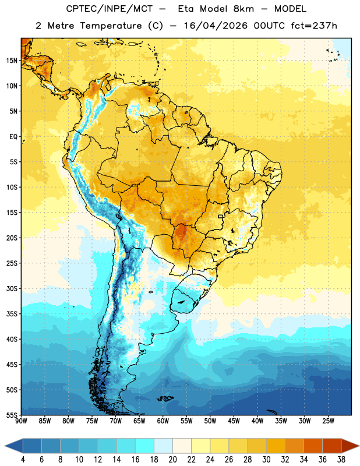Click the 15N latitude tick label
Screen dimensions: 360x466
(12, 61)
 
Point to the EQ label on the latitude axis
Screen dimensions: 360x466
(13, 137)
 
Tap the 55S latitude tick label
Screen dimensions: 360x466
(12, 415)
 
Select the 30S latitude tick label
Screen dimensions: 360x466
(12, 288)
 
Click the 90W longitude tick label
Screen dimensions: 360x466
(21, 421)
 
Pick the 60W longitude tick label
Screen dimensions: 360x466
(163, 421)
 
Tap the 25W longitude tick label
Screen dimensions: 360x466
(328, 421)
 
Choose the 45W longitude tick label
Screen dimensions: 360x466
(234, 421)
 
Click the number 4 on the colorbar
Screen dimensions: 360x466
(23, 460)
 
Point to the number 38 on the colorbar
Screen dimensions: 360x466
(341, 460)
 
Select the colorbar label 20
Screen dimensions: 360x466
(172, 460)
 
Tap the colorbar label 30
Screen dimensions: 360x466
(266, 460)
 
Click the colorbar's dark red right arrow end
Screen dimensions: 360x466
(350, 446)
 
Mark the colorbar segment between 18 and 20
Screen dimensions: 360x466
(163, 446)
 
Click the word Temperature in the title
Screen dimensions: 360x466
(111, 26)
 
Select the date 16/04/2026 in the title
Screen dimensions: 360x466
(216, 26)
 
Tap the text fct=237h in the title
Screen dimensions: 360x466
(314, 26)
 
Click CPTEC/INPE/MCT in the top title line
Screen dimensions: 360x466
(110, 9)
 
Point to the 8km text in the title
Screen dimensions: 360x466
(243, 9)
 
